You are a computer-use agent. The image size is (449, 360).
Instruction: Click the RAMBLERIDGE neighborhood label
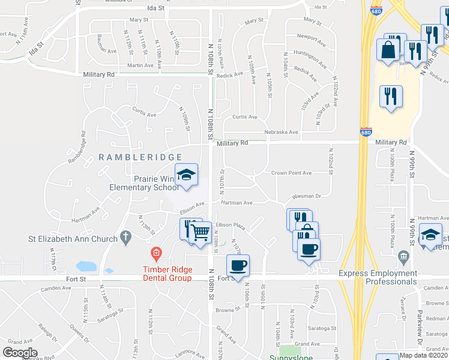pos(136,157)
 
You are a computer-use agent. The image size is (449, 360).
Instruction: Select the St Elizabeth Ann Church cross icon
pos(125,238)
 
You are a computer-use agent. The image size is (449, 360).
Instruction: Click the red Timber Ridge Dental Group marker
pos(156,253)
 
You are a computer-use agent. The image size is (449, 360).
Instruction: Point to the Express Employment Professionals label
pos(378,277)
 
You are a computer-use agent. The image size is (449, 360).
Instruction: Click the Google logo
pos(20,352)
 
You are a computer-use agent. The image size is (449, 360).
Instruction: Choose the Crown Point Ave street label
pos(291,173)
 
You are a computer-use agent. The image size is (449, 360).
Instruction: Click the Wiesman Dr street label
pos(307,196)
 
